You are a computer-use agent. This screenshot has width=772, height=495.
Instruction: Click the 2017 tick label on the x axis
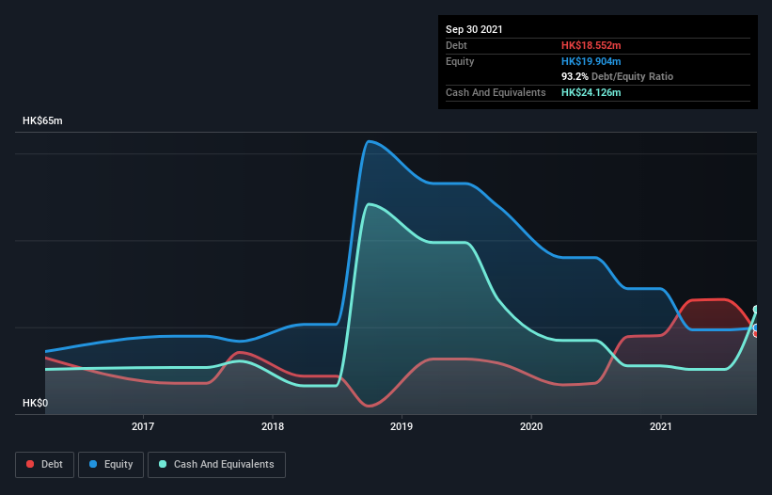143,427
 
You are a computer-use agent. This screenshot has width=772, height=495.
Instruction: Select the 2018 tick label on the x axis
273,427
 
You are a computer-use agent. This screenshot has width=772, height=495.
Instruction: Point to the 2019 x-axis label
402,427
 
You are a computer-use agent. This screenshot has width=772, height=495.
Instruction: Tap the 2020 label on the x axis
531,427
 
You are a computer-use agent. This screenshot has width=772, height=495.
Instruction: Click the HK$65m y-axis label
42,121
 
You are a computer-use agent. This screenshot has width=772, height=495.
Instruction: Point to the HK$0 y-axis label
35,403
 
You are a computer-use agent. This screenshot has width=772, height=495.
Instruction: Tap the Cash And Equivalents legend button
216,464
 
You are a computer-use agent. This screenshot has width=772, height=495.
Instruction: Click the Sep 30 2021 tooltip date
474,29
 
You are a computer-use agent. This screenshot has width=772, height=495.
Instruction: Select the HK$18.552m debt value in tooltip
591,45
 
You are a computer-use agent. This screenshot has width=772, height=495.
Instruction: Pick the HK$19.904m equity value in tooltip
591,61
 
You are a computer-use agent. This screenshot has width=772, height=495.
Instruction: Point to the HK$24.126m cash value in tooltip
591,92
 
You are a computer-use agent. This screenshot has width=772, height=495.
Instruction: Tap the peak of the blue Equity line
369,141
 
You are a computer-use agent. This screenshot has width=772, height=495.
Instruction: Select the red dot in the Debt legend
31,464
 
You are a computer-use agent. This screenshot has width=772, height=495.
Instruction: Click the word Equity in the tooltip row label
461,61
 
